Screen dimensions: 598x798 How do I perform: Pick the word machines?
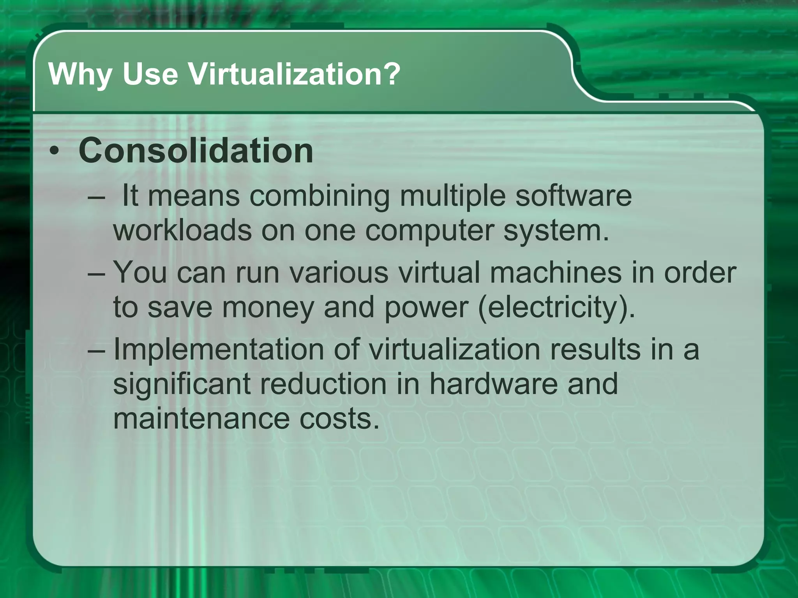click(x=555, y=272)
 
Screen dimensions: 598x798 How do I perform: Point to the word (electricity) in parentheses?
click(x=556, y=308)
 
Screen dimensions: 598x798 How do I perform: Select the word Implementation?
click(x=218, y=349)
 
